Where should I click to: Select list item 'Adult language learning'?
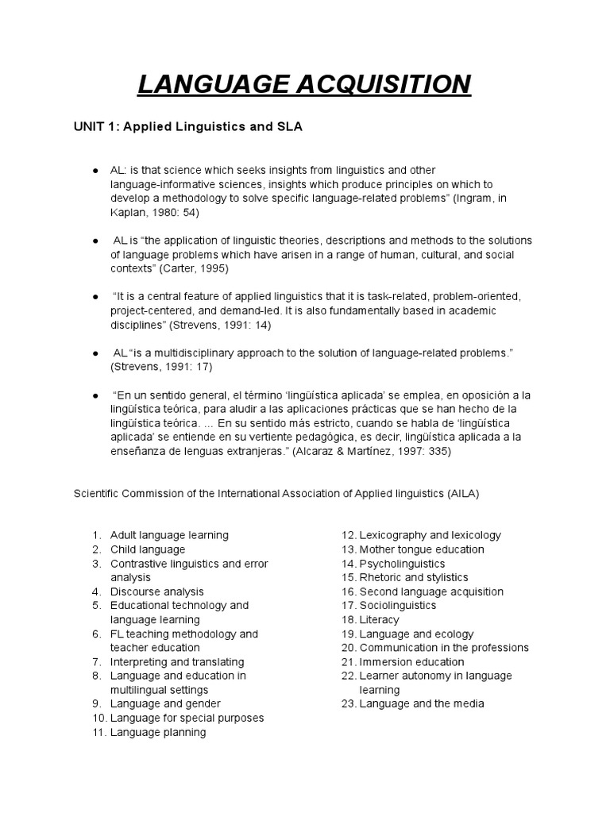coord(169,535)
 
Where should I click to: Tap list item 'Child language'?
coord(148,549)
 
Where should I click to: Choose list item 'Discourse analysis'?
coord(157,591)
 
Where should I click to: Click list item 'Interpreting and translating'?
coord(177,661)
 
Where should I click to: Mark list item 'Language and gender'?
coord(165,703)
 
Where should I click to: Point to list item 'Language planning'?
coord(158,732)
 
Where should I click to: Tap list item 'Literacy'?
coord(379,619)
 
